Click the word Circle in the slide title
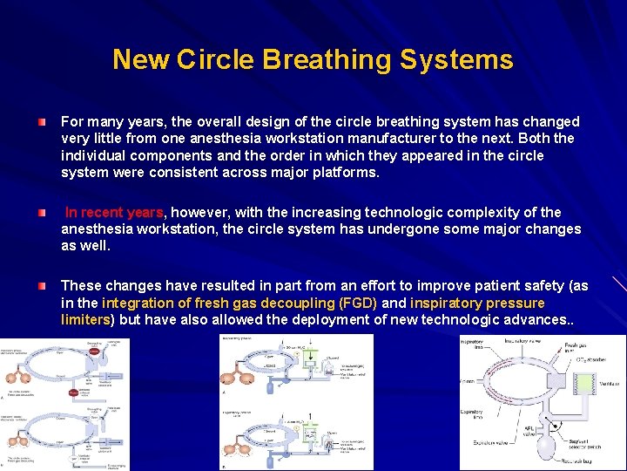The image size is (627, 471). pos(214,60)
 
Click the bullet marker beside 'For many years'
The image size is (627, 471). pos(43,121)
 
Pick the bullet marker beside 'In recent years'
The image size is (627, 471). pos(43,213)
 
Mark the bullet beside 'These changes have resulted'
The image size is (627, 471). pos(43,286)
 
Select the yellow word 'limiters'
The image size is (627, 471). pos(85,320)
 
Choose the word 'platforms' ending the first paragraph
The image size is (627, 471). pos(349,173)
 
